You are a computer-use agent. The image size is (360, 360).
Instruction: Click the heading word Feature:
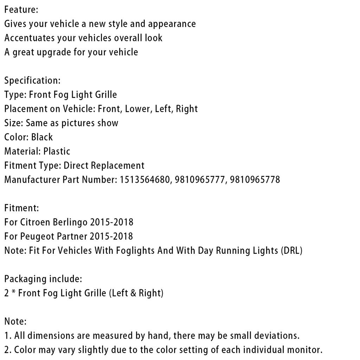(x=21, y=10)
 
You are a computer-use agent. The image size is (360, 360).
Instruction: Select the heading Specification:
(x=32, y=81)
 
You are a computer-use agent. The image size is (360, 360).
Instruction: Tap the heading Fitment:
(x=21, y=208)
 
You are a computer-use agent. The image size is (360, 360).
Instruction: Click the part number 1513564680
(x=144, y=180)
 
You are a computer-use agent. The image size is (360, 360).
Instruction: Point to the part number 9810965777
(x=199, y=180)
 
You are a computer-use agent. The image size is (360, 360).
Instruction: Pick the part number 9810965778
(x=255, y=180)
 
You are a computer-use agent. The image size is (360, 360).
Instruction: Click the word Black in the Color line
(x=42, y=137)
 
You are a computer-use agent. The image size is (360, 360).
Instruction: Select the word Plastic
(x=57, y=152)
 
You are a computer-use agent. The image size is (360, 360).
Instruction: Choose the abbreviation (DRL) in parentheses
(x=292, y=251)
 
